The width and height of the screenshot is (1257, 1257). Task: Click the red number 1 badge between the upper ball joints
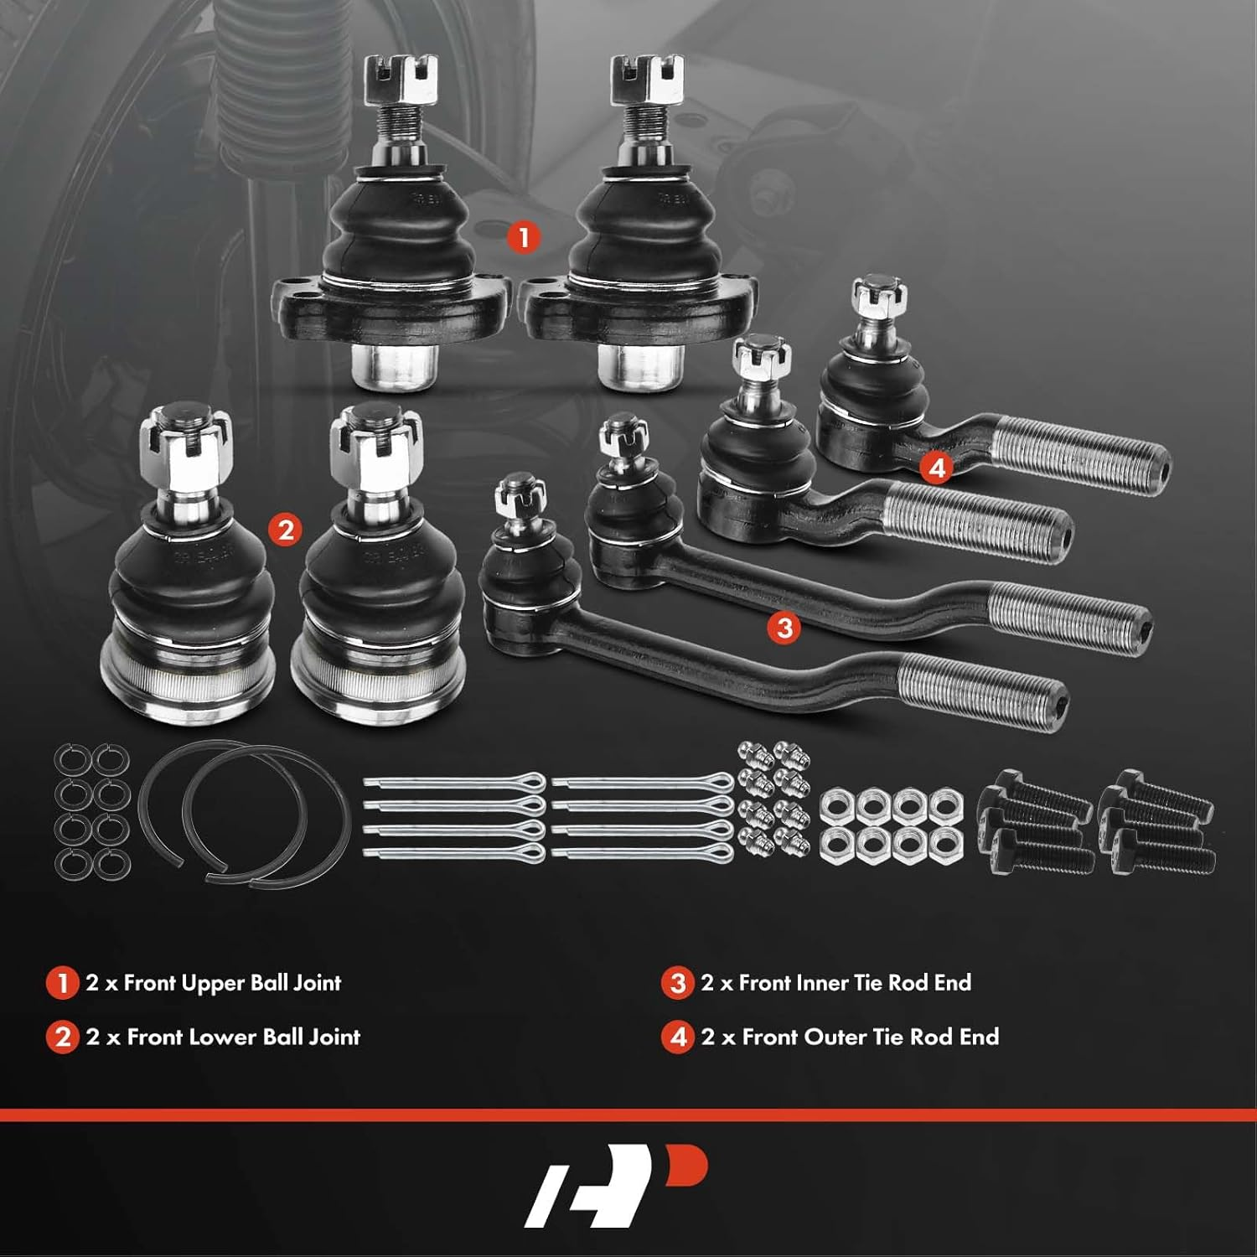pos(523,237)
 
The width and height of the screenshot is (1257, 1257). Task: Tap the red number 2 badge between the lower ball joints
pos(286,530)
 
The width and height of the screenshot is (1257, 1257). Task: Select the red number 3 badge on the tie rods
pos(784,627)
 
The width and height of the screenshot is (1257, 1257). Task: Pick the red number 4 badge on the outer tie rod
pos(936,467)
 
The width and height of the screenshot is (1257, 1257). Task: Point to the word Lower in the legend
pos(205,1037)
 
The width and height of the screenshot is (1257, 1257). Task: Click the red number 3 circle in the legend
pos(677,983)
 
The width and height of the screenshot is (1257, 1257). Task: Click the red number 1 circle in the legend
pos(62,983)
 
